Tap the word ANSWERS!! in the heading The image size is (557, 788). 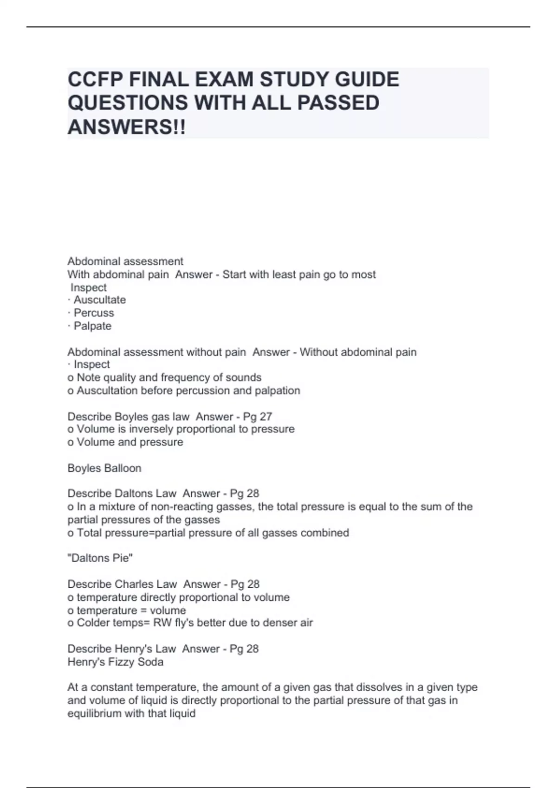(126, 127)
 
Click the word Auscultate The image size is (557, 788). (100, 300)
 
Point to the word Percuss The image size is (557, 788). (94, 313)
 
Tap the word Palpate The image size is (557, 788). (92, 326)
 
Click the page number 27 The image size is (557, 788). (266, 416)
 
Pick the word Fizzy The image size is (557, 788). (121, 662)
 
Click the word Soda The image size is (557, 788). (151, 662)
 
